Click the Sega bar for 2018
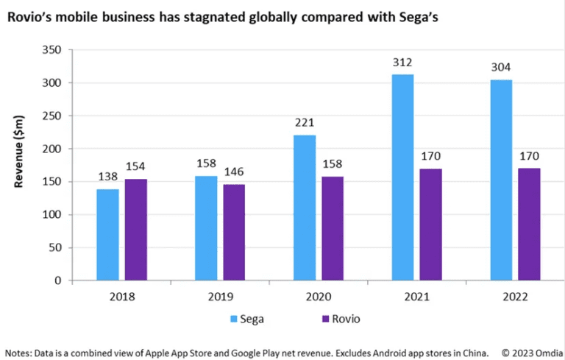[107, 234]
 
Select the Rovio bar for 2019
[234, 233]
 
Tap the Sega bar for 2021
[402, 177]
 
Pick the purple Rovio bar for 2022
[529, 224]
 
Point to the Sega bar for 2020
[305, 208]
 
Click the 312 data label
[402, 63]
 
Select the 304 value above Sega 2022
[501, 68]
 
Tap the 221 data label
[305, 123]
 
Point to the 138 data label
[107, 177]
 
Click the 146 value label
[234, 172]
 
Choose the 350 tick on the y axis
[51, 50]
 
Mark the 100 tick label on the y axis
[51, 215]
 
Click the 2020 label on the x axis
[319, 297]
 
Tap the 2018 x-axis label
[122, 297]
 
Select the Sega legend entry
[247, 319]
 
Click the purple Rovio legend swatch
[326, 319]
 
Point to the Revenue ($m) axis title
[18, 152]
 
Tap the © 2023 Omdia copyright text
[532, 353]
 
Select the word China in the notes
[477, 353]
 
